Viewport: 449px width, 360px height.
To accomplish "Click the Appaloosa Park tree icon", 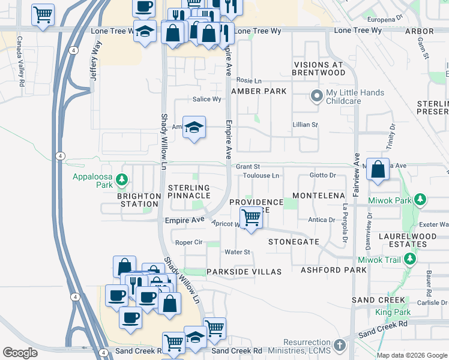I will click(122, 179).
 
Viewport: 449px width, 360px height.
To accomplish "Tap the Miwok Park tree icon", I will click(421, 199).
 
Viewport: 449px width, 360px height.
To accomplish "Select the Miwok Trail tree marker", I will click(410, 259).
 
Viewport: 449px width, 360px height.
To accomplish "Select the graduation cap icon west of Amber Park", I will click(194, 127).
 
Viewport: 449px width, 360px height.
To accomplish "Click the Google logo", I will click(20, 353).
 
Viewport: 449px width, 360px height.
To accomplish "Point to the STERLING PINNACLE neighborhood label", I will click(189, 191).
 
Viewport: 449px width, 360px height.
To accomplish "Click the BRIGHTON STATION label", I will click(139, 200).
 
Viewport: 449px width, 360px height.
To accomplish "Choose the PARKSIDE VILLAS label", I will click(244, 272).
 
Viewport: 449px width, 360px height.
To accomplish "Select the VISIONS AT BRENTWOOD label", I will click(319, 68).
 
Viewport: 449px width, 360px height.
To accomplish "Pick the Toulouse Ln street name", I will click(262, 176).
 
